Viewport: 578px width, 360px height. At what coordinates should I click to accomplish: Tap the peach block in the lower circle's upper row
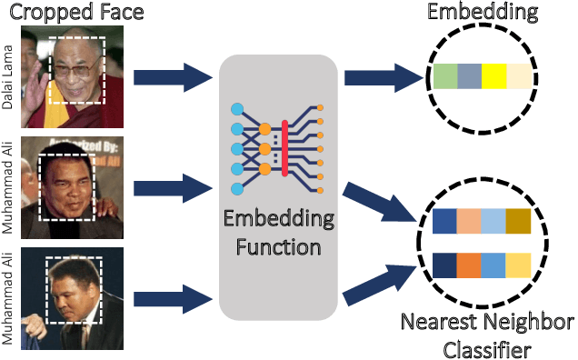[470, 223]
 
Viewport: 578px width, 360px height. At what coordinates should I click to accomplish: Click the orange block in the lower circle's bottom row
[470, 265]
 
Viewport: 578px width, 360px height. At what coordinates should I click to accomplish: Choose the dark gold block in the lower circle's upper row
[518, 223]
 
